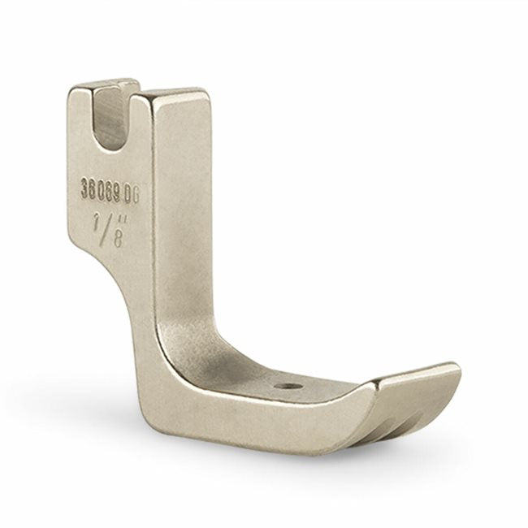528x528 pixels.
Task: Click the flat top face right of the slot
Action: tap(171, 94)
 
